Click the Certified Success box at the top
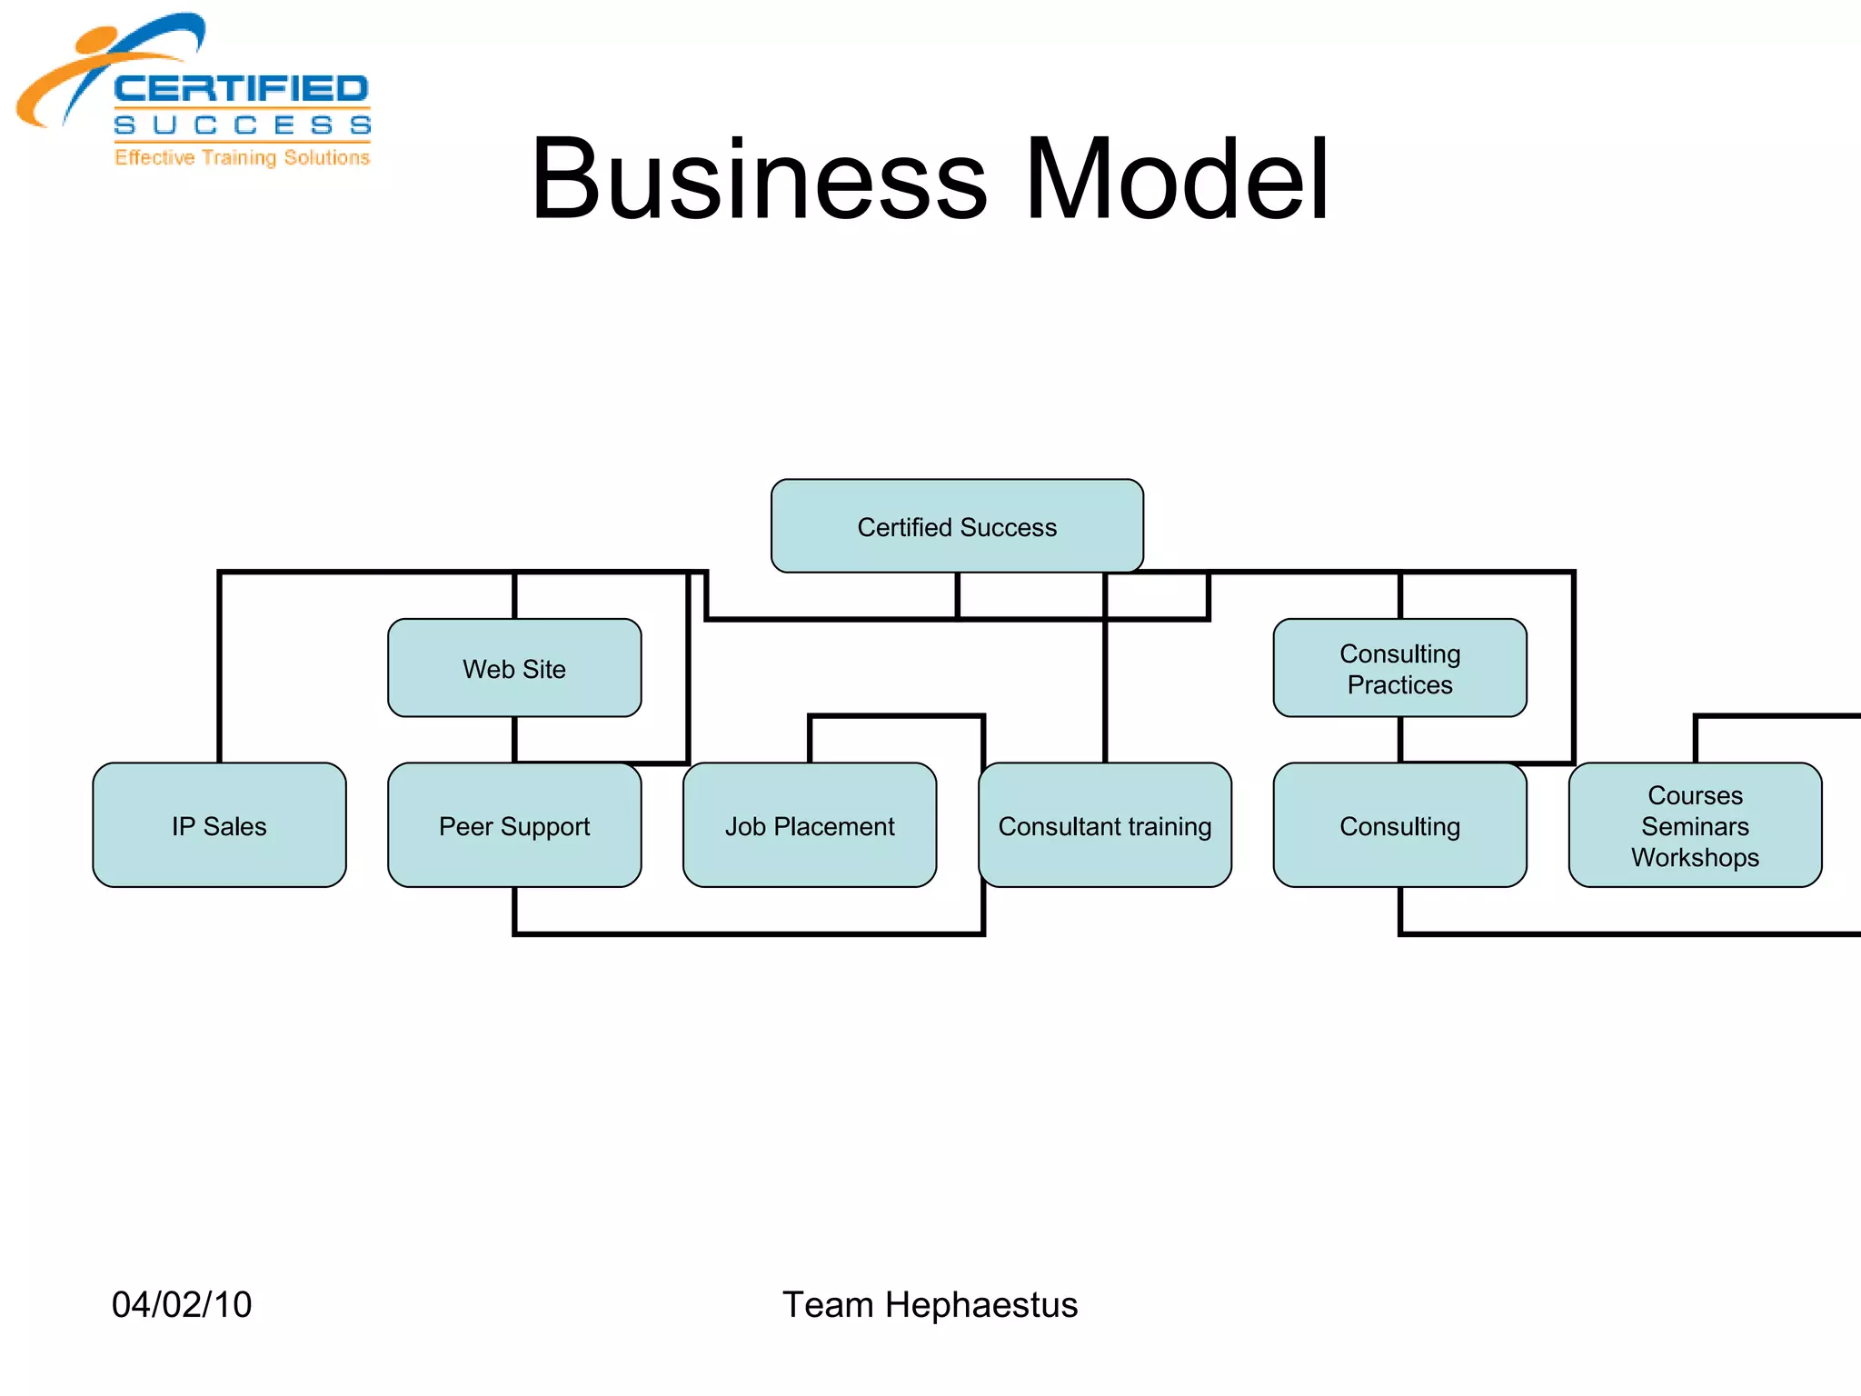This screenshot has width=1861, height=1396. click(957, 526)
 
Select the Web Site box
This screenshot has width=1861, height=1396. click(514, 668)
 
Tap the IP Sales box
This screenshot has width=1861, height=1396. click(219, 825)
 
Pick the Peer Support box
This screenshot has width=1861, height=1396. click(514, 825)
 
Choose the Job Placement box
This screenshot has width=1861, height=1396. click(809, 825)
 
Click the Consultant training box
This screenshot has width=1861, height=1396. click(1104, 825)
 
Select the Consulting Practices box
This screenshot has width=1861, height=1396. click(1399, 668)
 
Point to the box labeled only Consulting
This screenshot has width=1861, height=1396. click(1399, 825)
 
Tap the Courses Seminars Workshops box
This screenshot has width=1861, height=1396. click(1695, 825)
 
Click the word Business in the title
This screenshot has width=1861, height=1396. click(759, 179)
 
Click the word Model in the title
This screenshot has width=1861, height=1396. click(1177, 179)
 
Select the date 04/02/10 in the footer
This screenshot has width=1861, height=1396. click(182, 1304)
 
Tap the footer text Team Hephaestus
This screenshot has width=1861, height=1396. click(930, 1304)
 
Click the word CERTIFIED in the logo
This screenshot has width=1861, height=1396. click(241, 89)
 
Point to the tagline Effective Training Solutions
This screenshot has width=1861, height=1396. click(242, 157)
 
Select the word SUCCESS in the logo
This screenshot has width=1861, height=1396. click(242, 125)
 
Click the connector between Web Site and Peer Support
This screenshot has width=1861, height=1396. click(514, 739)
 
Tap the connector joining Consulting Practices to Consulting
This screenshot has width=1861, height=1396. click(1400, 739)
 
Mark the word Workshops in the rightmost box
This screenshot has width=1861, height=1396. click(1695, 857)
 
